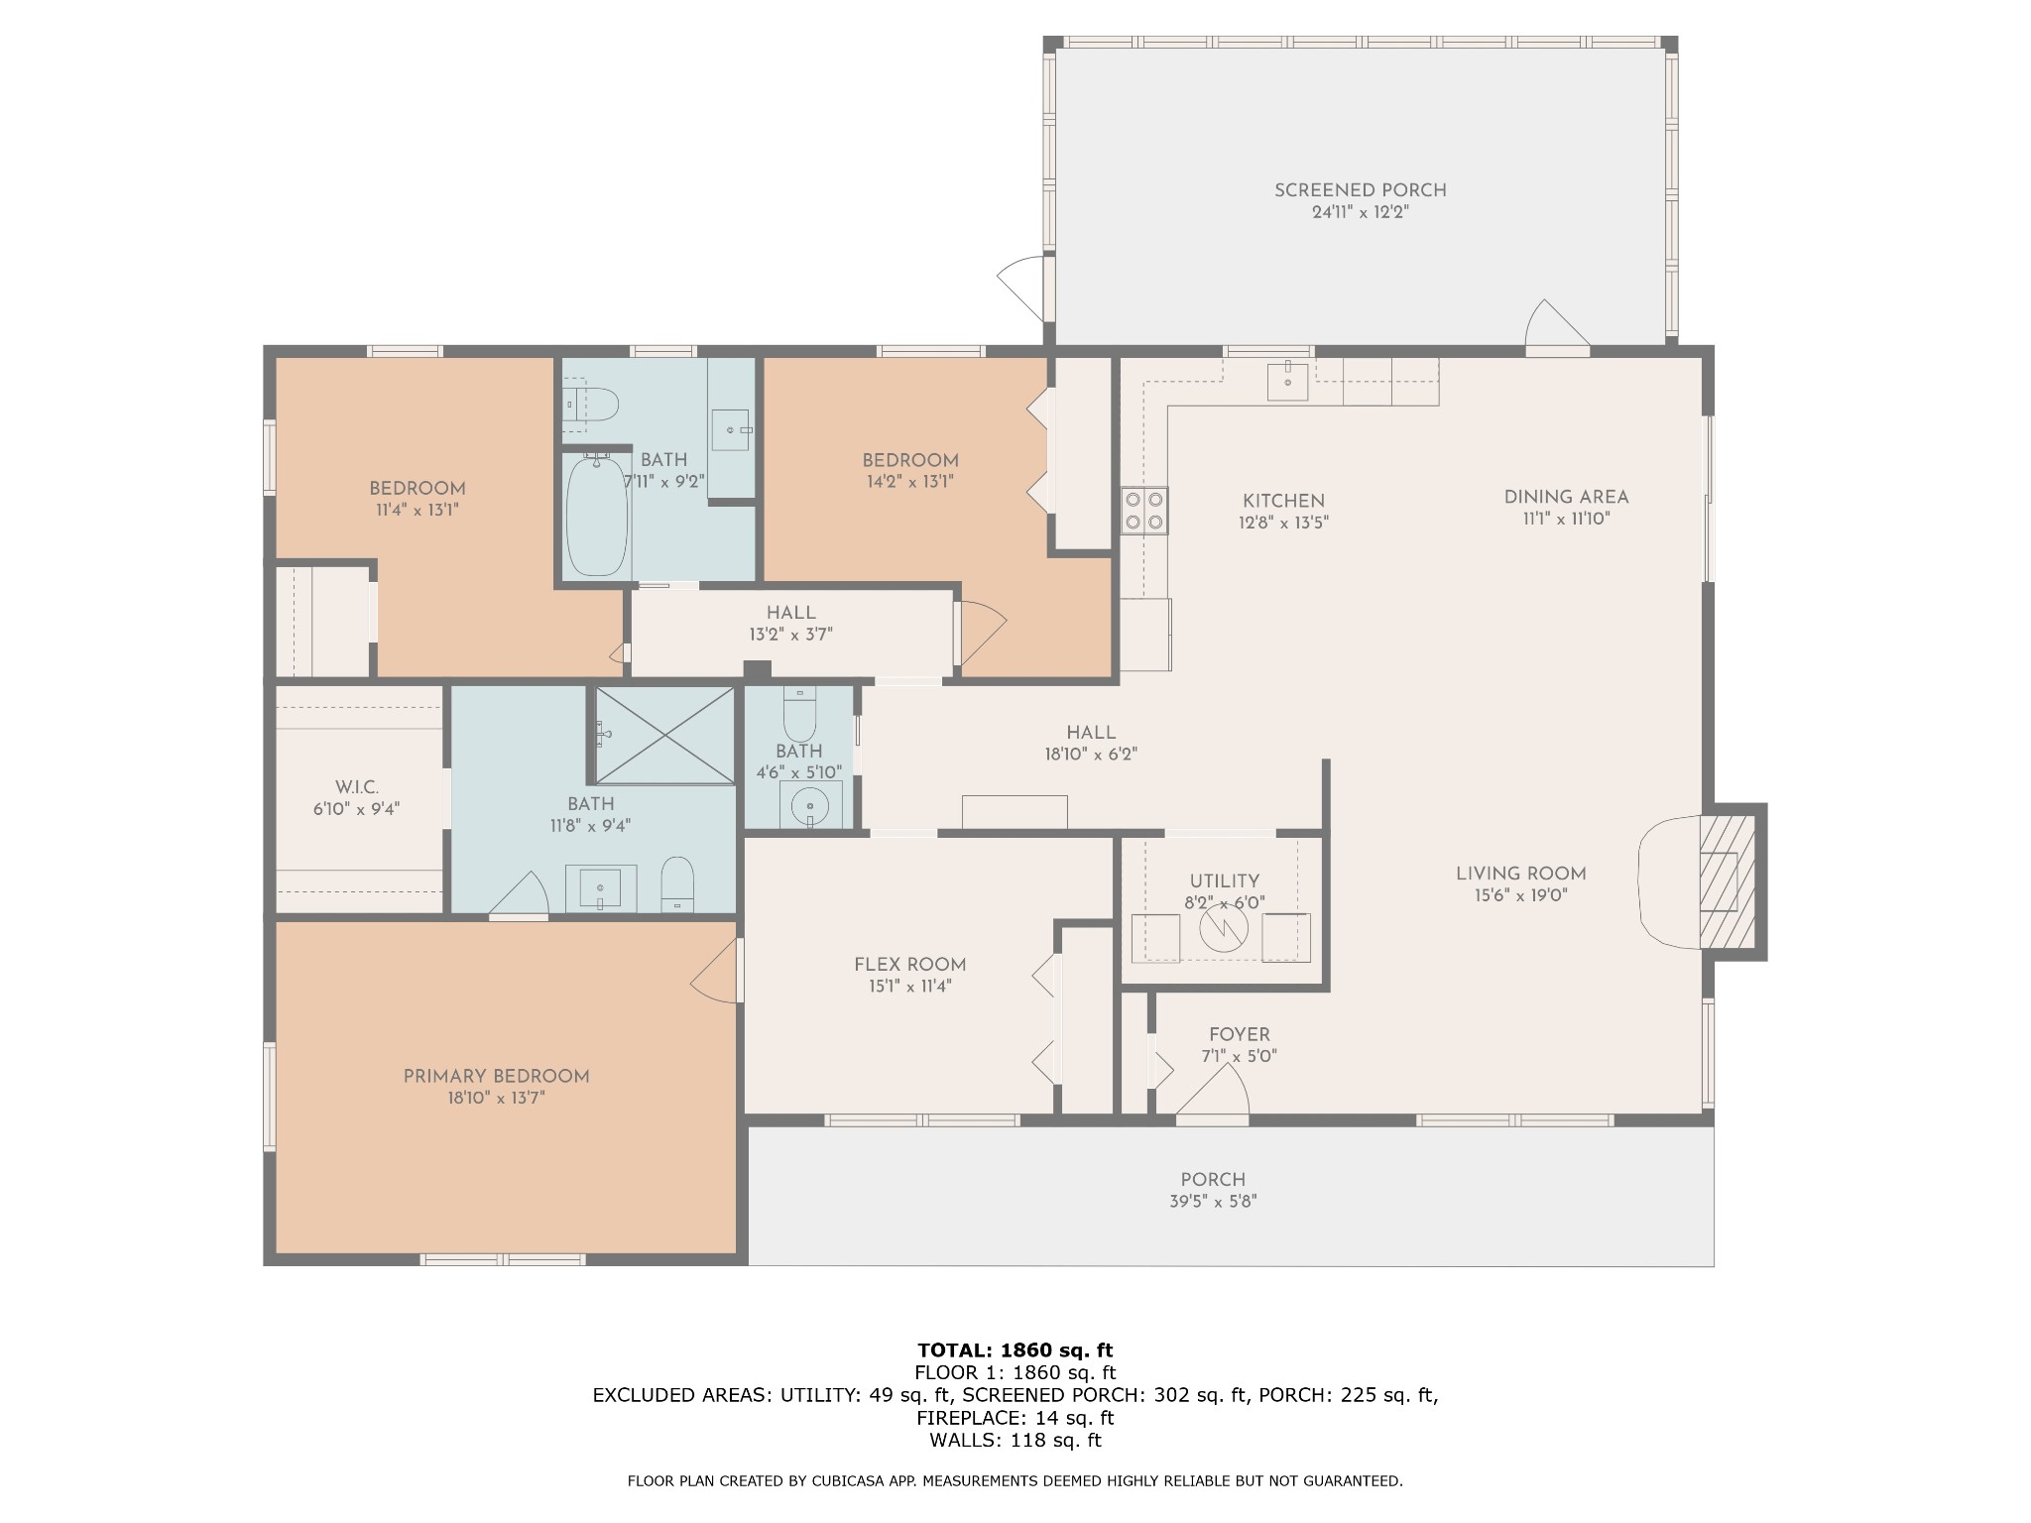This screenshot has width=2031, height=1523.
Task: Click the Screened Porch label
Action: pos(1360,190)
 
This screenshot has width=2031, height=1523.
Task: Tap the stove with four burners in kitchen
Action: pos(1143,511)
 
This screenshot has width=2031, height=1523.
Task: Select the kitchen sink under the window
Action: pos(1288,381)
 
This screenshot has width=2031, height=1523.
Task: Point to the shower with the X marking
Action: pos(664,735)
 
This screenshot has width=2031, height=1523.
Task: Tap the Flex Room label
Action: pos(909,964)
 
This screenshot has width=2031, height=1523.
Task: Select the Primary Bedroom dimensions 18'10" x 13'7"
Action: pos(496,1098)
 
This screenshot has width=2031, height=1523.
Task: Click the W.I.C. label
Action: pos(356,787)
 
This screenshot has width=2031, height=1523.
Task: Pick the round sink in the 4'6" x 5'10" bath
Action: pos(811,804)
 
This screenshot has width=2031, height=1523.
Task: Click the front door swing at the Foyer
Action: pos(1211,1097)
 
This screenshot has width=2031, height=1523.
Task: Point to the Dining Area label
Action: pos(1566,497)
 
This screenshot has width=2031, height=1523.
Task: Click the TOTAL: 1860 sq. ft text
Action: pos(1015,1349)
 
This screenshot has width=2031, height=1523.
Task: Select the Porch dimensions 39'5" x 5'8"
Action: pos(1213,1201)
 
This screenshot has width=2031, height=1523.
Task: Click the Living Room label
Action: pos(1520,874)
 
